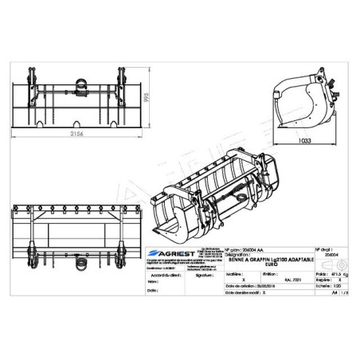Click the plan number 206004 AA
247,248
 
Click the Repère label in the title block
321,280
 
